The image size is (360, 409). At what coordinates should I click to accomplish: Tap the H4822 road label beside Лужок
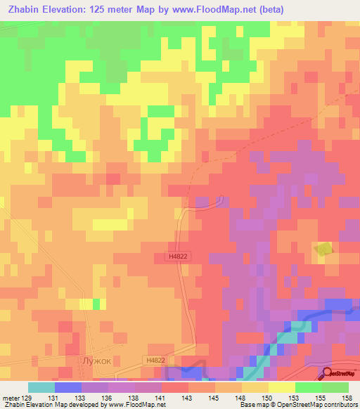pyautogui.click(x=155, y=361)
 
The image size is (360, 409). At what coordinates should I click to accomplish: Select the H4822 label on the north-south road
pyautogui.click(x=178, y=257)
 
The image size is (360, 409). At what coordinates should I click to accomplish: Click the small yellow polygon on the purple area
pyautogui.click(x=323, y=249)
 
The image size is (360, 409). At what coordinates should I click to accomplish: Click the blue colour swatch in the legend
pyautogui.click(x=67, y=387)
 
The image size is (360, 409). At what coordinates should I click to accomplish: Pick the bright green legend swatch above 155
pyautogui.click(x=308, y=387)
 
